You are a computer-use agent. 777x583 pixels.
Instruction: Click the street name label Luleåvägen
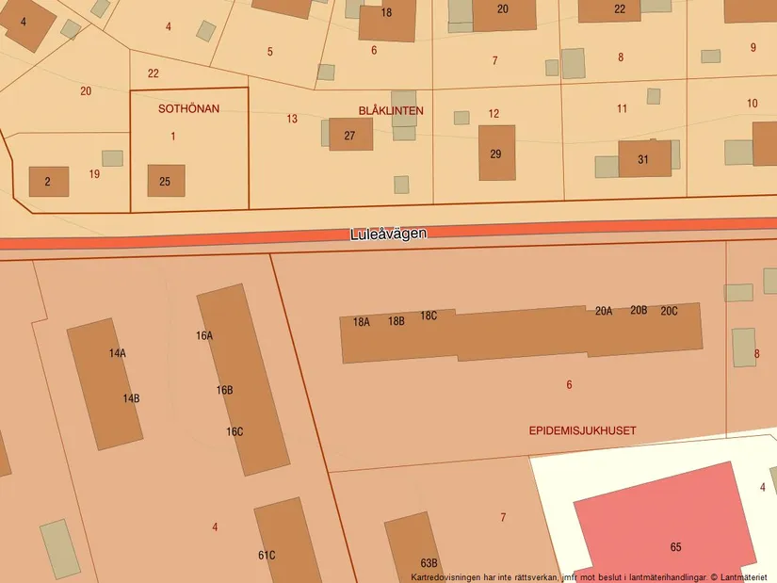coord(388,234)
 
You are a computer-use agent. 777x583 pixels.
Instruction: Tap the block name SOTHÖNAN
coord(188,108)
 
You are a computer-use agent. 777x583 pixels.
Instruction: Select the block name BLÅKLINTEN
coord(391,110)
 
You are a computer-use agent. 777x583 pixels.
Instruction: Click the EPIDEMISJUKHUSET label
coord(582,430)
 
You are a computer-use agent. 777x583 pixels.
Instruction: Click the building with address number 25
coord(166,181)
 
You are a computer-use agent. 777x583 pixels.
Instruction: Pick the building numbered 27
coord(350,135)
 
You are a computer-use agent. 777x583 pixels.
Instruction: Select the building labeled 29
coord(496,153)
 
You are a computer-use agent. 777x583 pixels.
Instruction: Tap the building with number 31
coord(644,159)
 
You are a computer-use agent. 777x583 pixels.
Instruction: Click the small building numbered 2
coord(48,182)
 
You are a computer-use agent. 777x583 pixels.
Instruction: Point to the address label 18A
coord(362,322)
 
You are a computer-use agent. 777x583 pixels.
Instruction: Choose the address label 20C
coord(669,311)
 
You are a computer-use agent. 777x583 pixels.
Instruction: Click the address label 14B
coord(131,398)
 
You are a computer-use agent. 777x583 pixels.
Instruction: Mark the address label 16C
coord(235,432)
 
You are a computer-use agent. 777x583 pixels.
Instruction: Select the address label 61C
coord(267,556)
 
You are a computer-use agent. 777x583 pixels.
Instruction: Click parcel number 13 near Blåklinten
coord(292,119)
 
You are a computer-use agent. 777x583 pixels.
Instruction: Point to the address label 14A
coord(117,353)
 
